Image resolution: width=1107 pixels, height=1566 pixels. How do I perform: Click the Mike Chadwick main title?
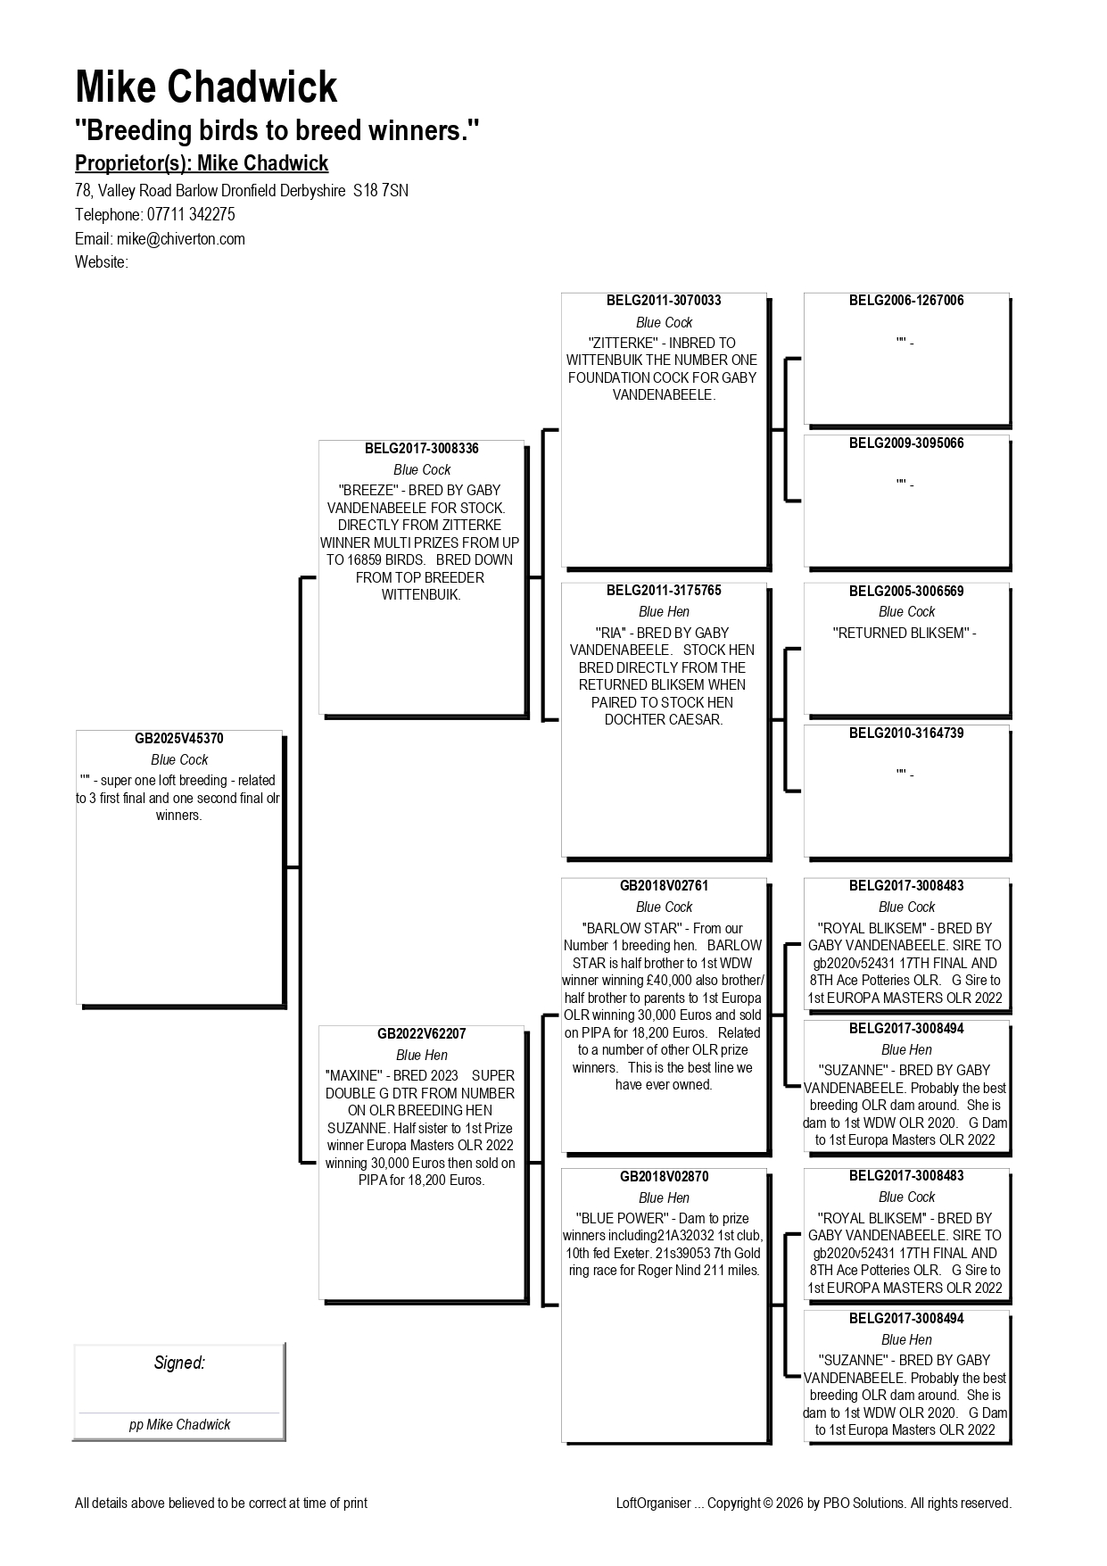pyautogui.click(x=206, y=87)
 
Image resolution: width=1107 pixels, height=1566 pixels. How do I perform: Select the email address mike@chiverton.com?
pyautogui.click(x=181, y=239)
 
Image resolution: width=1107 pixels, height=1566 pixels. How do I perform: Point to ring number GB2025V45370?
pyautogui.click(x=179, y=739)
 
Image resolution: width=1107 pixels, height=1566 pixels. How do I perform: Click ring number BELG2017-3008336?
pyautogui.click(x=422, y=449)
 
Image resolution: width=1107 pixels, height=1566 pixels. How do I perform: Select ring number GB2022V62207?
pyautogui.click(x=422, y=1034)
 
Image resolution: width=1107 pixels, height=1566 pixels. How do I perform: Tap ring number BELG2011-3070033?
pyautogui.click(x=664, y=301)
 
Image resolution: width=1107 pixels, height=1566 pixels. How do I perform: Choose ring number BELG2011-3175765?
pyautogui.click(x=664, y=591)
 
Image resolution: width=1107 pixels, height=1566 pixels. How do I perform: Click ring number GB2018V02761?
pyautogui.click(x=664, y=886)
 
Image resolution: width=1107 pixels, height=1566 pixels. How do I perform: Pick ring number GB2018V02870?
pyautogui.click(x=664, y=1177)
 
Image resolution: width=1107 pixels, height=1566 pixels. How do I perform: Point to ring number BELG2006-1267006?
pyautogui.click(x=906, y=301)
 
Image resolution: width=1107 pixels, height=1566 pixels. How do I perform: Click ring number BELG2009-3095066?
pyautogui.click(x=906, y=443)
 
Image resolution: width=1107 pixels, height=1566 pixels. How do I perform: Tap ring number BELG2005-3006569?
pyautogui.click(x=906, y=591)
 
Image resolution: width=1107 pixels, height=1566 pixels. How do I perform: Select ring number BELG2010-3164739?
pyautogui.click(x=906, y=733)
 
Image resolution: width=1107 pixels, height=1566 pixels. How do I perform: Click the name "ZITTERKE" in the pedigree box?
pyautogui.click(x=624, y=343)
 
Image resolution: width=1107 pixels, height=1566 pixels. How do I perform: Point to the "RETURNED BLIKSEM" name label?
pyautogui.click(x=901, y=634)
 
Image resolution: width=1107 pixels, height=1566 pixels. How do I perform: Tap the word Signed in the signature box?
pyautogui.click(x=179, y=1363)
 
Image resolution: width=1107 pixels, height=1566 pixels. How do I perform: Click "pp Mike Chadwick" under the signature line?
pyautogui.click(x=179, y=1425)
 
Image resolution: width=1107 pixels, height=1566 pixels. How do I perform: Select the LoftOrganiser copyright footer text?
pyautogui.click(x=814, y=1504)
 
